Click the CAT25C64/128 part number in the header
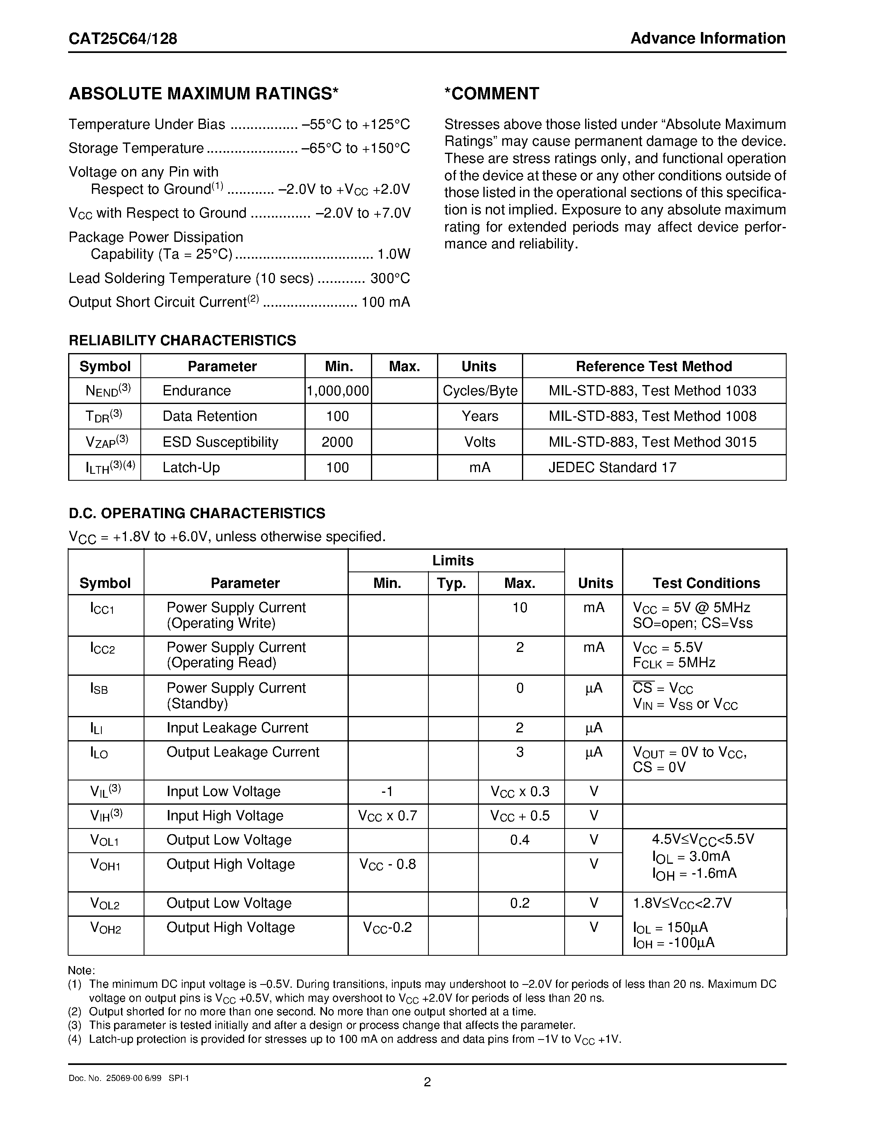click(x=123, y=39)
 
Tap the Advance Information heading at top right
click(x=708, y=39)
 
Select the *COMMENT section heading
click(x=491, y=94)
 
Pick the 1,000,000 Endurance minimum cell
click(x=338, y=391)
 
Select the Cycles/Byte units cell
click(x=480, y=391)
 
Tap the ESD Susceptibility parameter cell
click(x=221, y=442)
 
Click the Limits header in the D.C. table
click(x=453, y=561)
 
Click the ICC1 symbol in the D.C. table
click(x=102, y=608)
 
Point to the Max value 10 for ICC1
click(x=520, y=608)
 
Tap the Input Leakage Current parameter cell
click(x=237, y=728)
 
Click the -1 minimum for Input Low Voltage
click(x=387, y=792)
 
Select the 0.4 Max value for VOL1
click(x=520, y=840)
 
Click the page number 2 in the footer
click(x=427, y=1082)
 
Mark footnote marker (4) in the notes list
click(x=75, y=1039)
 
